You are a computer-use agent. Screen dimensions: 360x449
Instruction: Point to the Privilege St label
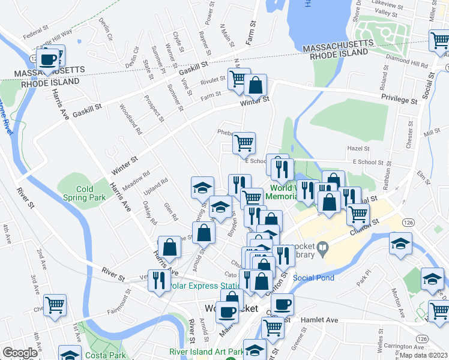pos(399,99)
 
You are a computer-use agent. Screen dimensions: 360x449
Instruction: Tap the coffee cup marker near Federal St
pos(47,60)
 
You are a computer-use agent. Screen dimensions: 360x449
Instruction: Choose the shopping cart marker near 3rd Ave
pos(55,305)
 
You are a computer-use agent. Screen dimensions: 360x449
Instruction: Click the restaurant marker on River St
pos(159,281)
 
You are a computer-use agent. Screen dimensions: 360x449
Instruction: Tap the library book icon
pos(322,247)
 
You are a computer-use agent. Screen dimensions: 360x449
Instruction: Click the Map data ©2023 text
pos(423,355)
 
